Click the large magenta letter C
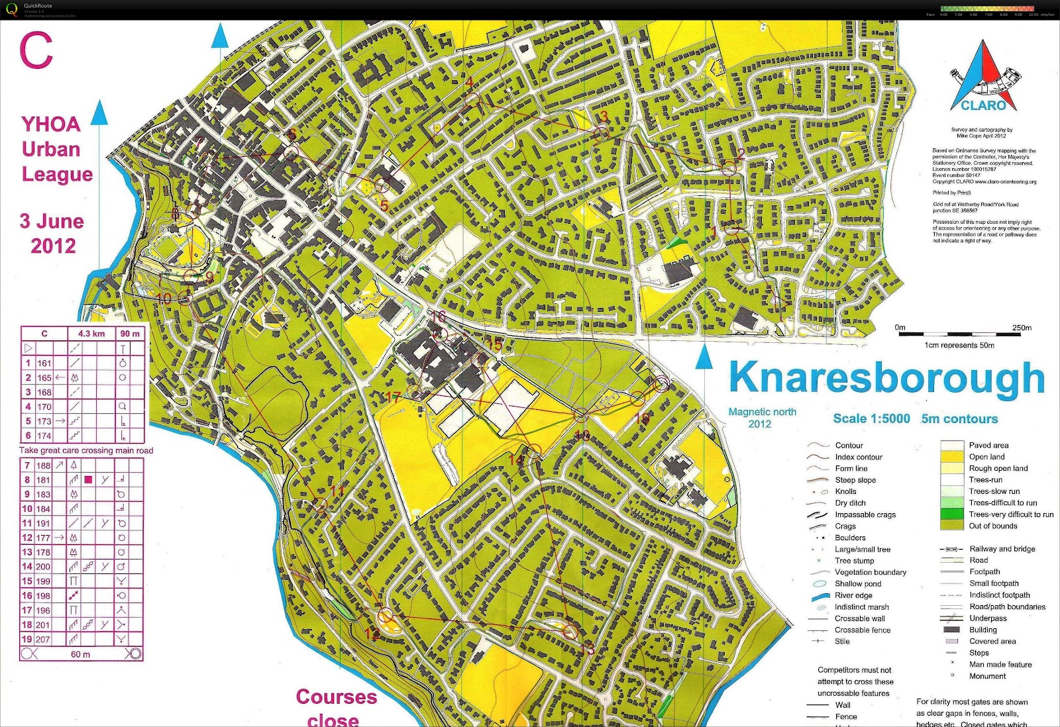coord(36,50)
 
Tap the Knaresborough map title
coord(886,378)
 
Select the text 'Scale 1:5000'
coord(871,418)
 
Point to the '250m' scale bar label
coord(1022,328)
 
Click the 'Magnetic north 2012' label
coord(762,418)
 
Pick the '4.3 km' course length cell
coord(91,334)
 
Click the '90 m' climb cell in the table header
coord(130,334)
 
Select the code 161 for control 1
coord(44,363)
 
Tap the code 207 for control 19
coord(43,640)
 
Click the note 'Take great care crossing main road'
coord(86,450)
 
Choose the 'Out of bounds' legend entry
coord(992,526)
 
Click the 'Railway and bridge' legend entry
coord(1002,549)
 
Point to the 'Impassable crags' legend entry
coord(865,514)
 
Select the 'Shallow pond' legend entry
coord(857,584)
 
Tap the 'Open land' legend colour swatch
coord(952,457)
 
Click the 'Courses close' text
coord(336,707)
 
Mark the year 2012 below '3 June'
coord(53,246)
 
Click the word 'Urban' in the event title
coord(51,149)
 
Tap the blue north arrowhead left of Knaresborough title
coord(704,358)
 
